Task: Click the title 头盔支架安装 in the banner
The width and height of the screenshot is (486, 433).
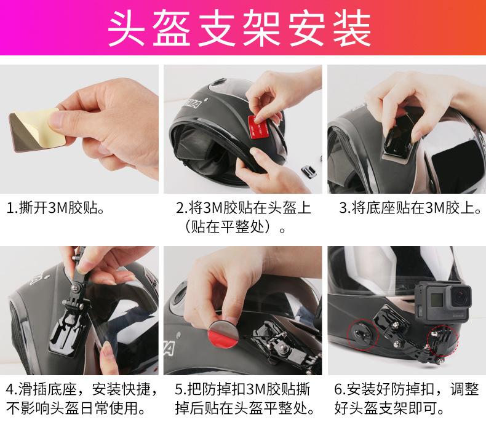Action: tap(239, 28)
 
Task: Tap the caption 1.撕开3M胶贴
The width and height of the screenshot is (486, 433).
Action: tap(55, 208)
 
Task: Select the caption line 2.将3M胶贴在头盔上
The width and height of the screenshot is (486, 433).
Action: tap(244, 208)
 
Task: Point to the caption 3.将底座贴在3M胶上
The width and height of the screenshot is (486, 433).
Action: tap(410, 208)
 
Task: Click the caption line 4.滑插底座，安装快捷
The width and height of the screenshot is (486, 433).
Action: tap(82, 389)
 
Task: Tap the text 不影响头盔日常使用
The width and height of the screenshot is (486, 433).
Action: tap(76, 408)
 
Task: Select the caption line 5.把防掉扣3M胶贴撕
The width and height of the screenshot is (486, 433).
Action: tap(242, 389)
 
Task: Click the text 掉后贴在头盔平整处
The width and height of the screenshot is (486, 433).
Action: tap(245, 408)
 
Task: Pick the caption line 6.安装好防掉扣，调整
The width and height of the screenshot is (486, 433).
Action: tap(407, 389)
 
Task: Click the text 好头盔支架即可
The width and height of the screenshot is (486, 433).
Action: tap(389, 408)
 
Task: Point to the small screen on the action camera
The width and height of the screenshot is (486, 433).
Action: tap(437, 299)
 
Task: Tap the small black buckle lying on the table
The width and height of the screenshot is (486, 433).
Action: tap(309, 171)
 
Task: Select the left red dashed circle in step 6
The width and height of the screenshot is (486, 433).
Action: tap(362, 334)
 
